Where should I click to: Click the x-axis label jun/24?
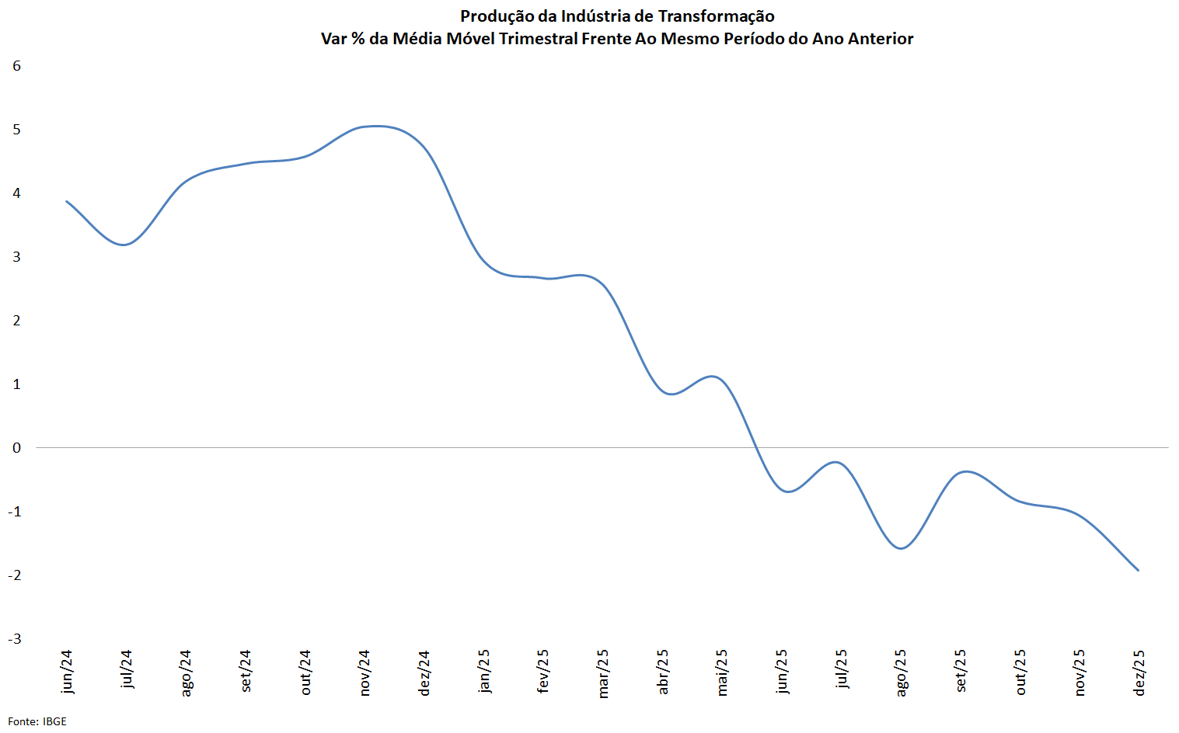[67, 672]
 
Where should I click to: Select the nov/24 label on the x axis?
[365, 672]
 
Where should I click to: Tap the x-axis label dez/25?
[1139, 672]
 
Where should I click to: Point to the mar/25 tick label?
[603, 673]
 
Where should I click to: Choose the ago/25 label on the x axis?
[901, 672]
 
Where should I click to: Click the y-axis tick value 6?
[17, 66]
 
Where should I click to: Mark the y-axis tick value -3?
[15, 639]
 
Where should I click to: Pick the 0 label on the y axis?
[17, 448]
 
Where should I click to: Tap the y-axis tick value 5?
[17, 130]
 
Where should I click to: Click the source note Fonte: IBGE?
[37, 721]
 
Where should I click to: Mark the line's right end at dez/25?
[1139, 570]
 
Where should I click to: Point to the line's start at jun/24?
[67, 201]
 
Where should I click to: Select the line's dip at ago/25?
[902, 548]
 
